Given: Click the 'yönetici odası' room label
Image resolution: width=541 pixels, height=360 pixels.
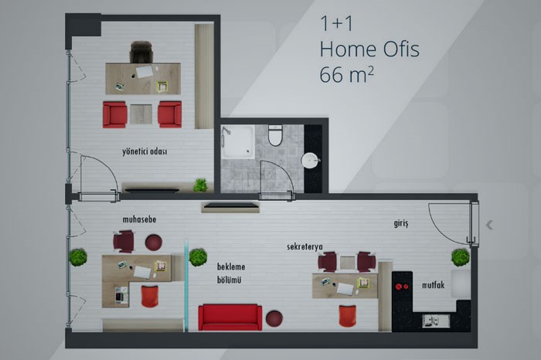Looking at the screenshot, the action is [145, 151].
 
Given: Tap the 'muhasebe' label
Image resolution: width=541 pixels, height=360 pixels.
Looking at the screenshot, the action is [139, 219].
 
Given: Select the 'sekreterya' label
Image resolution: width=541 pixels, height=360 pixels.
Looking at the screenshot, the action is [305, 247].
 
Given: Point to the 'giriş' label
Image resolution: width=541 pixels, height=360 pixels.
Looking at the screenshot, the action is [401, 223].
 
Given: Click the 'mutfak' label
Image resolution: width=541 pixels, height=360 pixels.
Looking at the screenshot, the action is [433, 285].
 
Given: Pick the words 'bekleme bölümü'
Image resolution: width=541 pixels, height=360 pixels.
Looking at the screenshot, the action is [231, 273].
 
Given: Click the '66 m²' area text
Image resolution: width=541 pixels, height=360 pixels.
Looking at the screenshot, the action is [346, 74].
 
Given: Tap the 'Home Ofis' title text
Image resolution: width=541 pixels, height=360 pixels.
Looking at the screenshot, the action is [369, 49].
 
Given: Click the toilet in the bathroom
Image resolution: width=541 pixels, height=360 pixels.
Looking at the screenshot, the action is [275, 135].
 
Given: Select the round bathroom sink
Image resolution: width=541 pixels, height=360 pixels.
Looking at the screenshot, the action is [310, 161].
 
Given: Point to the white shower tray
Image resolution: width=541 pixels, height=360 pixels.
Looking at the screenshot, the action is [238, 141].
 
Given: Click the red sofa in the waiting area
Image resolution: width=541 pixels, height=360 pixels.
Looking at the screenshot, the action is [230, 318].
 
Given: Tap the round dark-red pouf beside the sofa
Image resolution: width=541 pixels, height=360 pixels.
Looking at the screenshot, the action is [274, 318].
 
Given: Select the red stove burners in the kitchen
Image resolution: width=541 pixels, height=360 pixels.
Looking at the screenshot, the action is [402, 286].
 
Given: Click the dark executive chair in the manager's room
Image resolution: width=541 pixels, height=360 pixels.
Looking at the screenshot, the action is [141, 52].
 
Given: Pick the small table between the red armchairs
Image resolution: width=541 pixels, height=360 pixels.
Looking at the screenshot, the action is [141, 114].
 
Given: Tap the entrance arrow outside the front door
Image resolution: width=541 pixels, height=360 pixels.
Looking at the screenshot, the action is [489, 225].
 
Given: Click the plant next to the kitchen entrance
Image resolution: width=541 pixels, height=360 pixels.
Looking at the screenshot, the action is [461, 257].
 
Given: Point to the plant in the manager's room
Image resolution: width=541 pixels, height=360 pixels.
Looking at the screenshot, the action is [200, 185].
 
